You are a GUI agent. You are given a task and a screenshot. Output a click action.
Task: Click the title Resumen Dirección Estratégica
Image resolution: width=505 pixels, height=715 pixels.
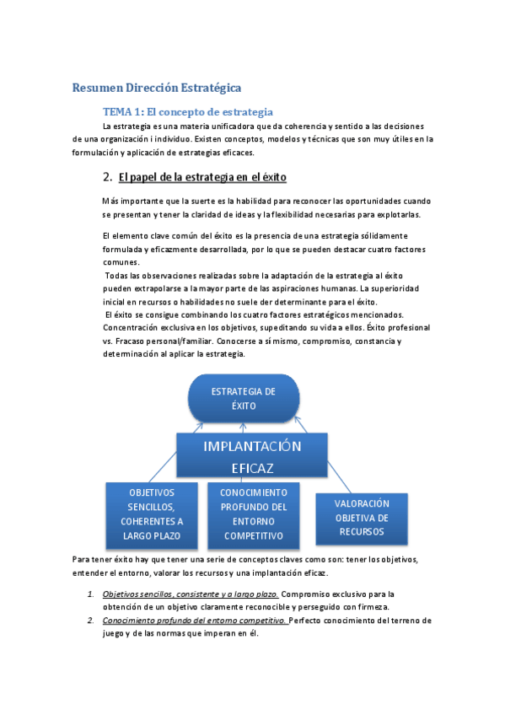[x=157, y=88]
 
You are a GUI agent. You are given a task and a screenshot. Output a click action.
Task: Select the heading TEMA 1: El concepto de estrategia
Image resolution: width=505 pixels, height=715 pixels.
[x=187, y=111]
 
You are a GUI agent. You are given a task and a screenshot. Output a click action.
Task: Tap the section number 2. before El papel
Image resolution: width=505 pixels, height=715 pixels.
[x=107, y=177]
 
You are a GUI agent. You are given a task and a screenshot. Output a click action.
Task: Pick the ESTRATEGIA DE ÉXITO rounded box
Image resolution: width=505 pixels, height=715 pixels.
[x=243, y=397]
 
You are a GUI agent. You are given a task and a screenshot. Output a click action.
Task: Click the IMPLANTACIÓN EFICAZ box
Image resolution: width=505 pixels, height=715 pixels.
[x=252, y=456]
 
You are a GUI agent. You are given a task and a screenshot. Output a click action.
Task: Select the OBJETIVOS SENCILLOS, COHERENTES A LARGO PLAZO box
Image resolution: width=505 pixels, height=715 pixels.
[x=152, y=513]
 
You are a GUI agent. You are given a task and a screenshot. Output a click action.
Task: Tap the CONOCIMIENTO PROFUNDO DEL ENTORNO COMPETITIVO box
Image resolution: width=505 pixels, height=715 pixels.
[x=253, y=513]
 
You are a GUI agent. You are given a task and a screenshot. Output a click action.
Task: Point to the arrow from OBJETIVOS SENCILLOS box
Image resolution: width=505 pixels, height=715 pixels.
[x=157, y=466]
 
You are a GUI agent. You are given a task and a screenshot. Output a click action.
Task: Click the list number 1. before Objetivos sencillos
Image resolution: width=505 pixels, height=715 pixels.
[x=91, y=594]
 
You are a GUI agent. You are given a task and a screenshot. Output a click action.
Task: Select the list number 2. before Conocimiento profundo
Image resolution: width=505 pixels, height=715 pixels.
[x=91, y=621]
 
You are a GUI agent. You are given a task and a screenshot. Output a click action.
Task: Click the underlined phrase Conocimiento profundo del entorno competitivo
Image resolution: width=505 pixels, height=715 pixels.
[x=195, y=621]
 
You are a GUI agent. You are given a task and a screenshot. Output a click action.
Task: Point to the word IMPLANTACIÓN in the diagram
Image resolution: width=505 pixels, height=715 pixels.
[x=252, y=445]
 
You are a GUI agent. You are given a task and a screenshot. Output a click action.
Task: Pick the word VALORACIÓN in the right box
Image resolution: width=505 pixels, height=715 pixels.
[x=360, y=503]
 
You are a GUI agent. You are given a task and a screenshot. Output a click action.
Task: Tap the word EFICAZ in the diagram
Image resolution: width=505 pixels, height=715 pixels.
[x=252, y=467]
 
